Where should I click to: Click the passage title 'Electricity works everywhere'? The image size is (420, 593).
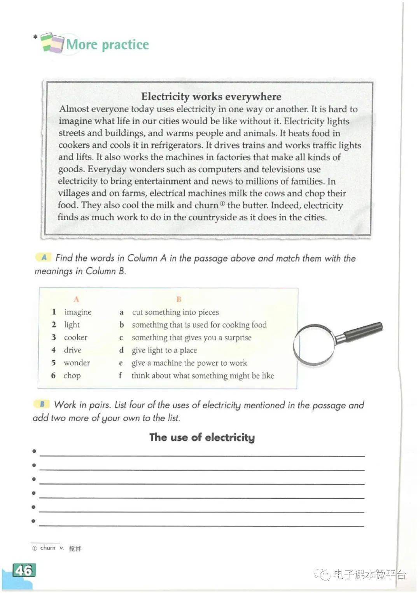pyautogui.click(x=211, y=96)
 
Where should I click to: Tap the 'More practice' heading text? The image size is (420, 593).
pyautogui.click(x=108, y=44)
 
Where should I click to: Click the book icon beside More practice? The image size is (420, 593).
pyautogui.click(x=52, y=42)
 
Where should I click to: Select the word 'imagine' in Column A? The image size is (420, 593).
pyautogui.click(x=78, y=312)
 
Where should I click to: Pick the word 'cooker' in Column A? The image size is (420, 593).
pyautogui.click(x=75, y=337)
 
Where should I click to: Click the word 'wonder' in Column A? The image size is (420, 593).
pyautogui.click(x=77, y=363)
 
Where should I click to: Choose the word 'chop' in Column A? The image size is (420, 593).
pyautogui.click(x=72, y=375)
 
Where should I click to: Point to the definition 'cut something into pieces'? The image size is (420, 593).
pyautogui.click(x=175, y=312)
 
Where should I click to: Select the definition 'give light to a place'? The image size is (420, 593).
pyautogui.click(x=164, y=350)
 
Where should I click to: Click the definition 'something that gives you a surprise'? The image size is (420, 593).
pyautogui.click(x=191, y=337)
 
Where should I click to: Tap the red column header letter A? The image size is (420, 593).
pyautogui.click(x=76, y=299)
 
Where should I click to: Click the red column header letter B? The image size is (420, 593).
pyautogui.click(x=179, y=299)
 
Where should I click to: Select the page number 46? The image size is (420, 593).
pyautogui.click(x=24, y=570)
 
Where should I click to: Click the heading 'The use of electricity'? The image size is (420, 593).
pyautogui.click(x=202, y=437)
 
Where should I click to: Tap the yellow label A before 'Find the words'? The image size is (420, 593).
pyautogui.click(x=44, y=257)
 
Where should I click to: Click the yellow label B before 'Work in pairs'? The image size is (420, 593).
pyautogui.click(x=42, y=404)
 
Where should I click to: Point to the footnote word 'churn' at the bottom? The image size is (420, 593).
pyautogui.click(x=48, y=548)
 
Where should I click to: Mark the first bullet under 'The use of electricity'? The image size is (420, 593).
pyautogui.click(x=34, y=451)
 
